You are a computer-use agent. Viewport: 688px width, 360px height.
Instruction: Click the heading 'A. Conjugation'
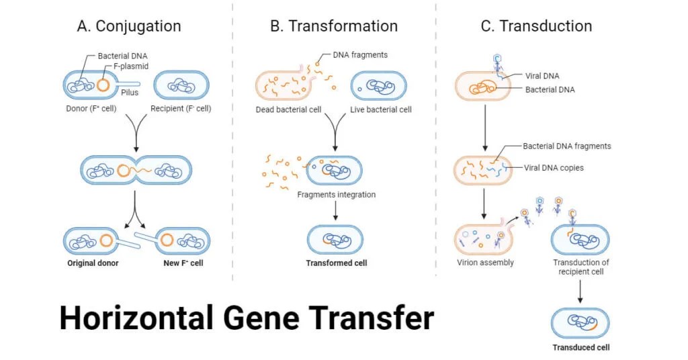(129, 27)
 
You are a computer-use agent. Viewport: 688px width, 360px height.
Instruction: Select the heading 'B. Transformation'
(334, 27)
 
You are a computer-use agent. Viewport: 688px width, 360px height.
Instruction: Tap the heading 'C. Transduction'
(536, 27)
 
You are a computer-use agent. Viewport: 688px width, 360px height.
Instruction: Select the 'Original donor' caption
(93, 263)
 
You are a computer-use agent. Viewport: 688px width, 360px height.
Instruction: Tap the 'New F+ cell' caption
(183, 263)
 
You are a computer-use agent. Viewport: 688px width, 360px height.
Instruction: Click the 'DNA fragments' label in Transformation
(360, 55)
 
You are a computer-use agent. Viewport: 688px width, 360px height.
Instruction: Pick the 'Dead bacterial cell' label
(288, 109)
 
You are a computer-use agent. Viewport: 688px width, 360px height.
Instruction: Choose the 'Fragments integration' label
(337, 195)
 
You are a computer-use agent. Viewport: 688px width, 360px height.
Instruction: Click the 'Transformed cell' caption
(337, 263)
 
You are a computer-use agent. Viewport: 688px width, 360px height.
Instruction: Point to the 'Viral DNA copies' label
(554, 168)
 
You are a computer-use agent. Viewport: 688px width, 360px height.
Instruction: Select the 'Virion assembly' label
(484, 263)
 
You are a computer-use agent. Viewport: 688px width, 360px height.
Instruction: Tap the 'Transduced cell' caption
(581, 347)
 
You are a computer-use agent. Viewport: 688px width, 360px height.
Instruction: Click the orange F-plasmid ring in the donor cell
(103, 85)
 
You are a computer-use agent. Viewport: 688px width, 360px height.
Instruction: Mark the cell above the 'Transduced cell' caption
(580, 322)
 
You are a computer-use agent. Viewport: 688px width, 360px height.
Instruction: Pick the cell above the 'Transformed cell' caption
(336, 239)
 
